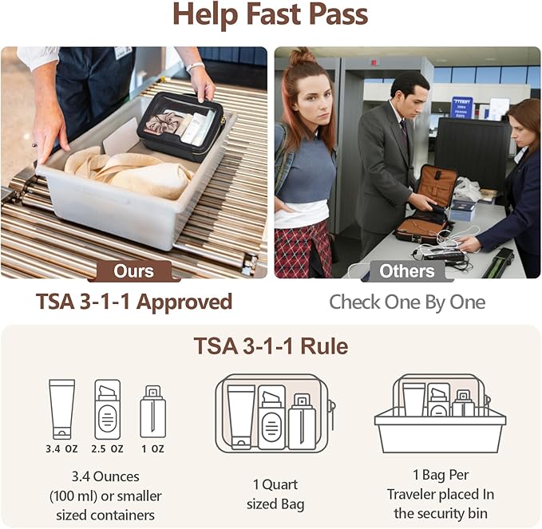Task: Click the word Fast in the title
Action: [x=274, y=14]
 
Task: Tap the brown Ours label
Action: [x=134, y=271]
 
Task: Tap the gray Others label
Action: [x=407, y=271]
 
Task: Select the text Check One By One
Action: [x=407, y=302]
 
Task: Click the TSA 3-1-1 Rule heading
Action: [x=271, y=345]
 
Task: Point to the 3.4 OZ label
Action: [x=62, y=449]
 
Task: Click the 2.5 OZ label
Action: [x=108, y=449]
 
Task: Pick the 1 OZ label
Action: [x=153, y=449]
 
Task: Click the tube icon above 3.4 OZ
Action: [x=62, y=410]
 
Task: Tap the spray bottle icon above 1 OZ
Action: [x=152, y=413]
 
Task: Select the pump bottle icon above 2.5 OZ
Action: [x=108, y=410]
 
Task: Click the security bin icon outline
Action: [x=440, y=431]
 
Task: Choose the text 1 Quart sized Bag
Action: [x=275, y=494]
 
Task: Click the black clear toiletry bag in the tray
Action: [x=181, y=126]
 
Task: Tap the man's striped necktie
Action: [x=404, y=132]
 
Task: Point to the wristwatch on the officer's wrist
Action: [x=196, y=66]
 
